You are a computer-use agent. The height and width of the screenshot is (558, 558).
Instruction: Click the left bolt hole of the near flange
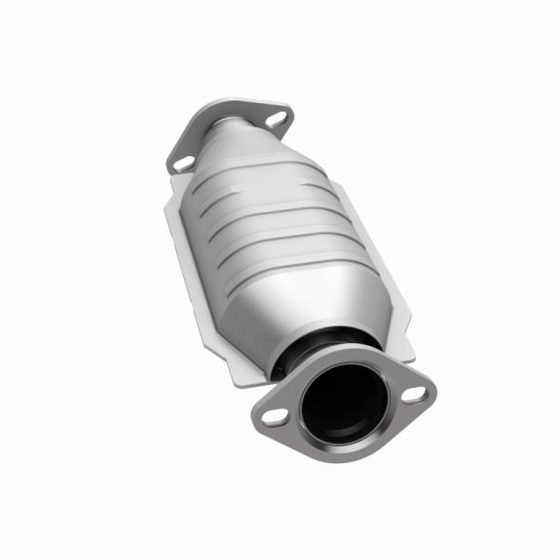[x=275, y=417]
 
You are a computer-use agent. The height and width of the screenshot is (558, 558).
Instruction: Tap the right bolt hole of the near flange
[x=415, y=394]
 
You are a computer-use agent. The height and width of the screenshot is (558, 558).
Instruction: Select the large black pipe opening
[x=342, y=403]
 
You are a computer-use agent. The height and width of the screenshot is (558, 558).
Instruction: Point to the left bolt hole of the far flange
[x=183, y=162]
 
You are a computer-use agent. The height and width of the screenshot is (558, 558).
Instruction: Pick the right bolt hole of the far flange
[x=274, y=118]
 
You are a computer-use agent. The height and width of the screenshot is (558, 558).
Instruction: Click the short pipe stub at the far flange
[x=223, y=125]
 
